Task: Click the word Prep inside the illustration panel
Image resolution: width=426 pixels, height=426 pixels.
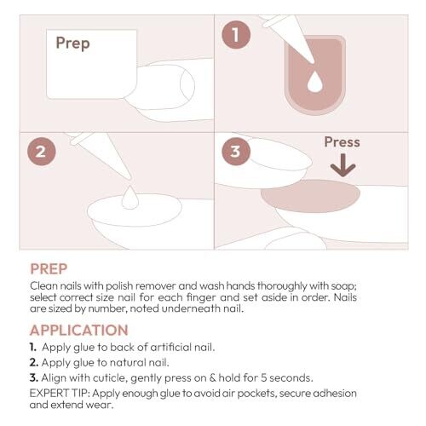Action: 72,43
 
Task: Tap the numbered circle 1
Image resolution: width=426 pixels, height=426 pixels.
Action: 236,35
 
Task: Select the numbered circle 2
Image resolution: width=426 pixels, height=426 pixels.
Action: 42,152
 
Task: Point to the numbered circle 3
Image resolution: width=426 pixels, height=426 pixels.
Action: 236,152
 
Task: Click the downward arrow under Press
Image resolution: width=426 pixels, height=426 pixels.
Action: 343,165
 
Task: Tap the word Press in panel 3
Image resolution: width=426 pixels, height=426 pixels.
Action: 342,142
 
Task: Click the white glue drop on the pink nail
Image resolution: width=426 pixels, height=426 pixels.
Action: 315,82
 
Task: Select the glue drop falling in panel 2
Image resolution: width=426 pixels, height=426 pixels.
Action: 130,197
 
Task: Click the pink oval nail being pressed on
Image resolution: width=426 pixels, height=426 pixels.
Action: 310,196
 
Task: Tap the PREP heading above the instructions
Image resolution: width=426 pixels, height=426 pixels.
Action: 49,269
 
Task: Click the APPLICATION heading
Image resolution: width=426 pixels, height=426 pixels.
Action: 79,330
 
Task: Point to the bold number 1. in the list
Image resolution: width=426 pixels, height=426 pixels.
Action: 33,347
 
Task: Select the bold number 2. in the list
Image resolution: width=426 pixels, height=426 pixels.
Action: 34,362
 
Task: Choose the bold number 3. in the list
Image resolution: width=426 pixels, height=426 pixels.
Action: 34,377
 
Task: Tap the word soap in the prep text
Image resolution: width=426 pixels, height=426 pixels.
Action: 343,286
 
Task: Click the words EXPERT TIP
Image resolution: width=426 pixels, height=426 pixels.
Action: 60,394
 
